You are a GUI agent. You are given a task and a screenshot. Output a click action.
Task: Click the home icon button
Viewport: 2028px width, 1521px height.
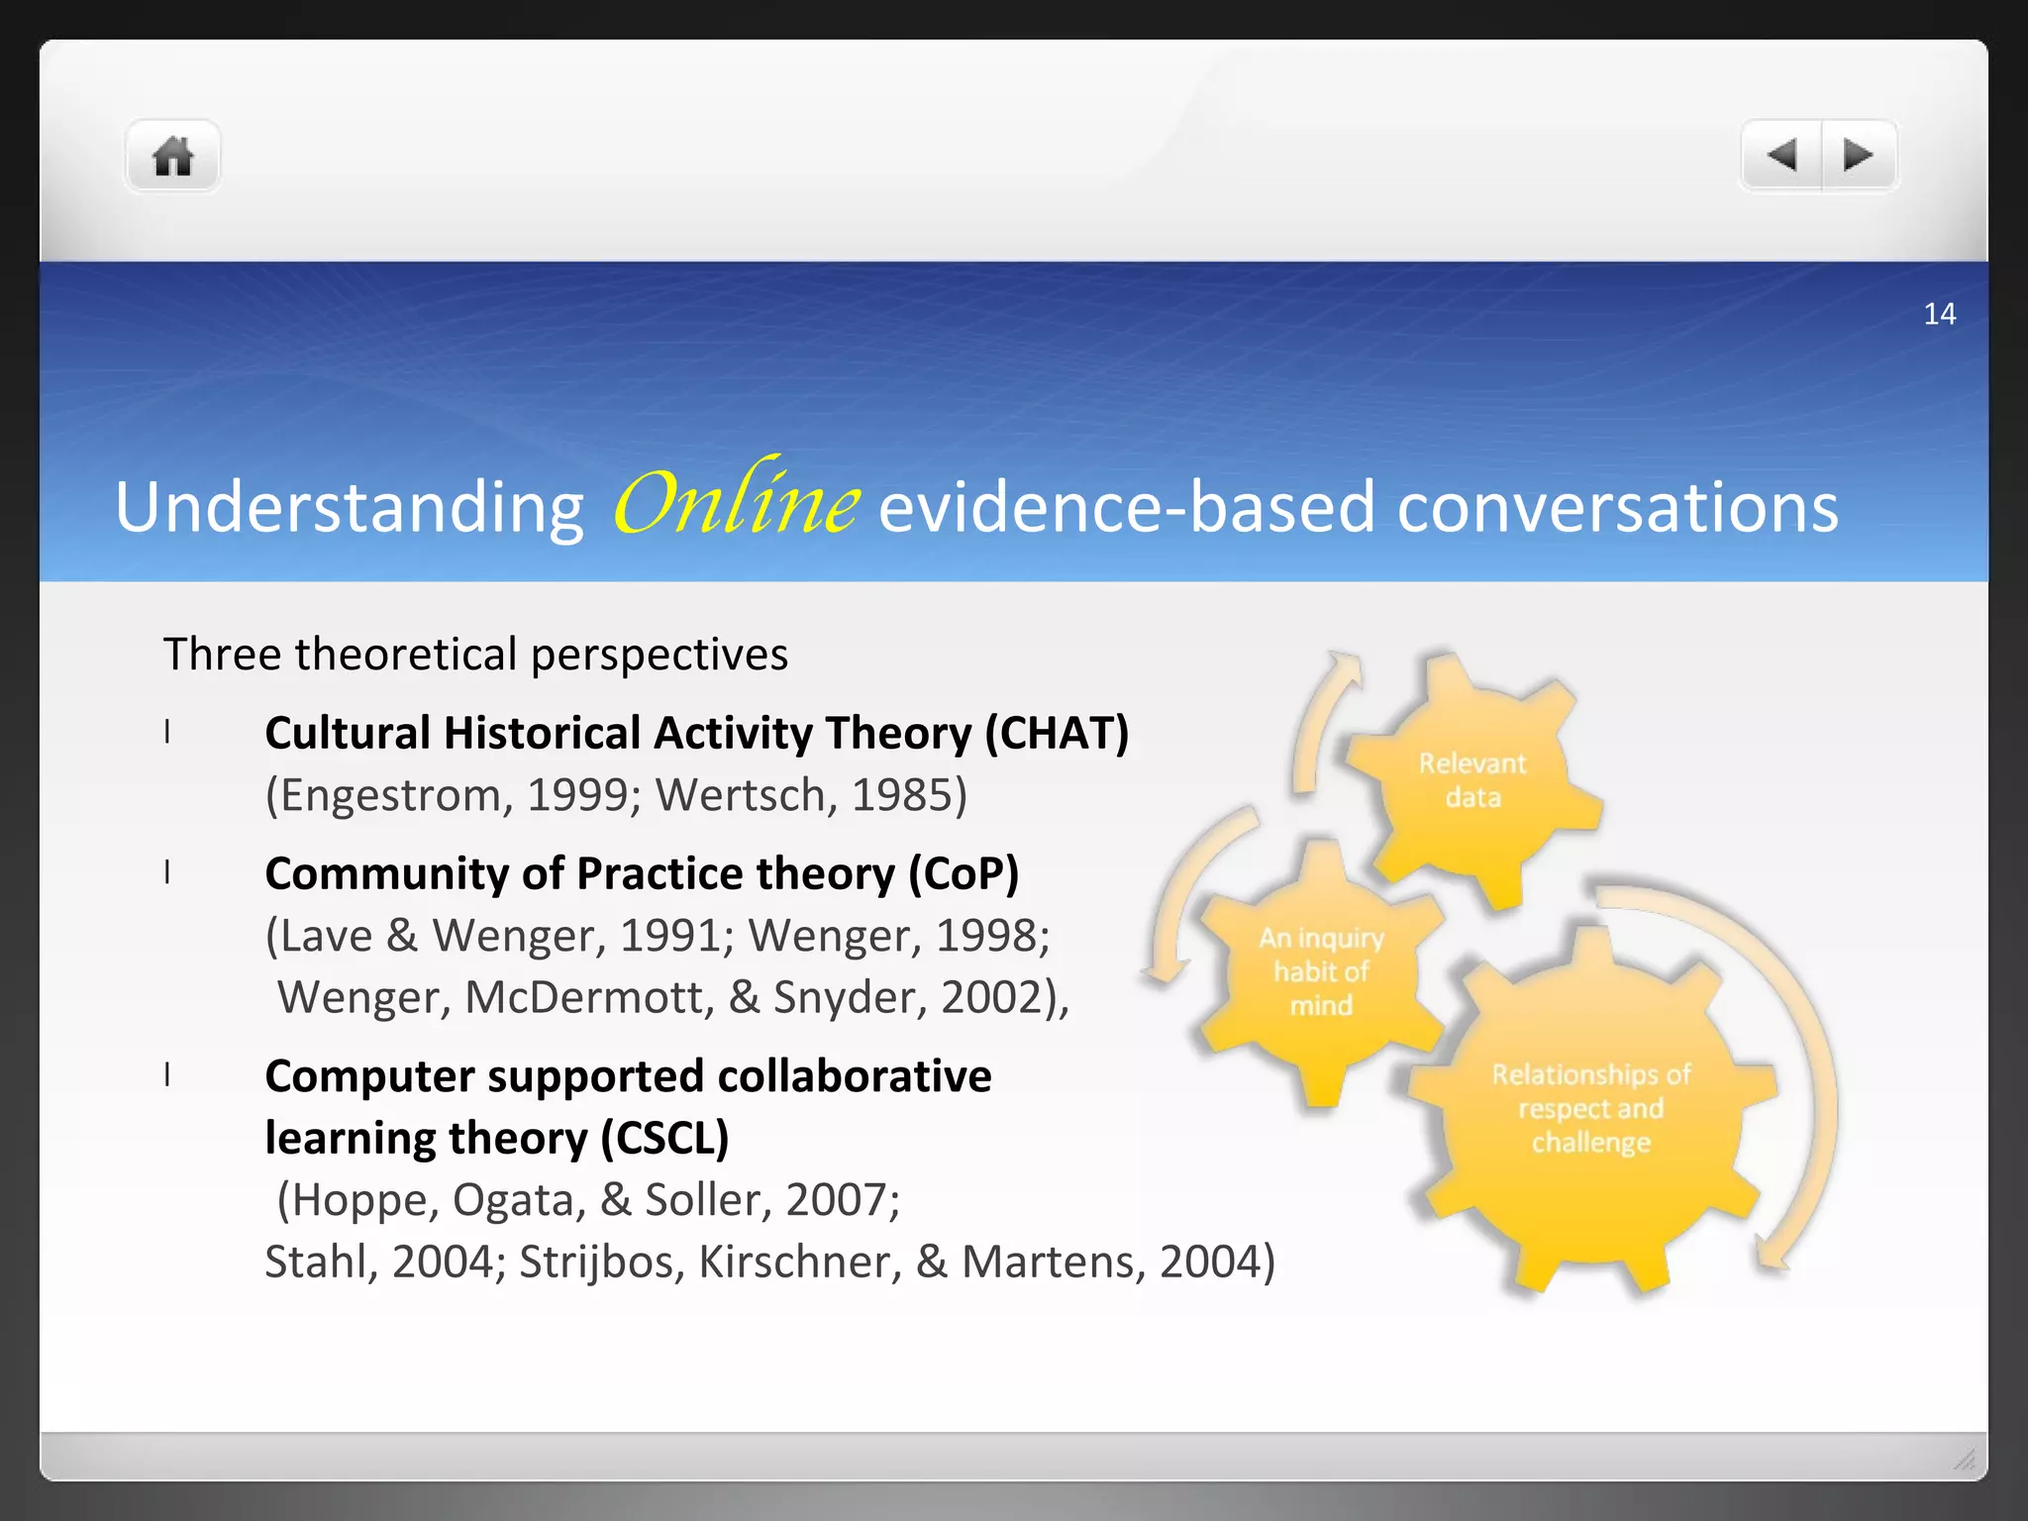(172, 156)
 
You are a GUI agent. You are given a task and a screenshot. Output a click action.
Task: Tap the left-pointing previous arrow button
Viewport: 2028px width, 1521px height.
(1781, 155)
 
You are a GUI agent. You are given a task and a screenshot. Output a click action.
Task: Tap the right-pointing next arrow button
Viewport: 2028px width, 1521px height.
(1858, 155)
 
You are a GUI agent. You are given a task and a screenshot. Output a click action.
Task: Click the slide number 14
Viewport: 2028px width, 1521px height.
(1939, 314)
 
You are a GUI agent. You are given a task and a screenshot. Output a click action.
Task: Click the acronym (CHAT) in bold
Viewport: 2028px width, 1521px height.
(1056, 734)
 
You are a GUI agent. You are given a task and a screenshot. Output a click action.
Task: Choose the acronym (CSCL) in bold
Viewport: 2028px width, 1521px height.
(664, 1138)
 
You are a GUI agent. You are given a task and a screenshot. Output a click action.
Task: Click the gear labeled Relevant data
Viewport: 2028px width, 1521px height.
(1471, 780)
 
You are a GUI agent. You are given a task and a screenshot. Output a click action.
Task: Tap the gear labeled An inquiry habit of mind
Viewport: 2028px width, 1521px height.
(1321, 971)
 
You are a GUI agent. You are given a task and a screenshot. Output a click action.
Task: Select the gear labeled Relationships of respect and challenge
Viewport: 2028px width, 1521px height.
(1590, 1109)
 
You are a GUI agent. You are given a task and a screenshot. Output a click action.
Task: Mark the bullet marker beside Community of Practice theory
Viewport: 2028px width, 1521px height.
(167, 872)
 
